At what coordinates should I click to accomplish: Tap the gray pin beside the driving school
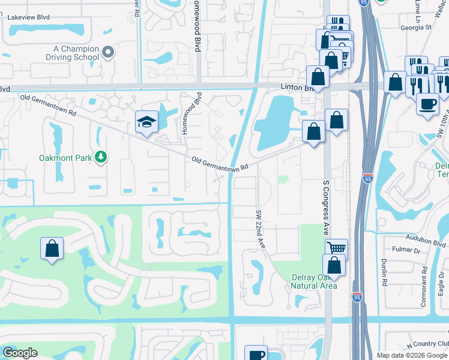click(x=108, y=53)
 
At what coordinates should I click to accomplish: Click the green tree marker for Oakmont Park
click(x=101, y=157)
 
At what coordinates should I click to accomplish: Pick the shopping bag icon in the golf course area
click(x=52, y=248)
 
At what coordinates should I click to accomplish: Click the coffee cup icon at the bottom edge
click(x=256, y=354)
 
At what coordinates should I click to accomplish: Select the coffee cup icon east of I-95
click(x=427, y=104)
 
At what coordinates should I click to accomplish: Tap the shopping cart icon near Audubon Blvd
click(x=336, y=247)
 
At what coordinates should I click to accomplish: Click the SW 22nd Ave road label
click(x=260, y=230)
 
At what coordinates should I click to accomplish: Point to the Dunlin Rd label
click(x=383, y=272)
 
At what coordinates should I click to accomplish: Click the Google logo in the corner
click(x=19, y=352)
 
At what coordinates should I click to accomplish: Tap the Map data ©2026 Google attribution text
click(x=412, y=355)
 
